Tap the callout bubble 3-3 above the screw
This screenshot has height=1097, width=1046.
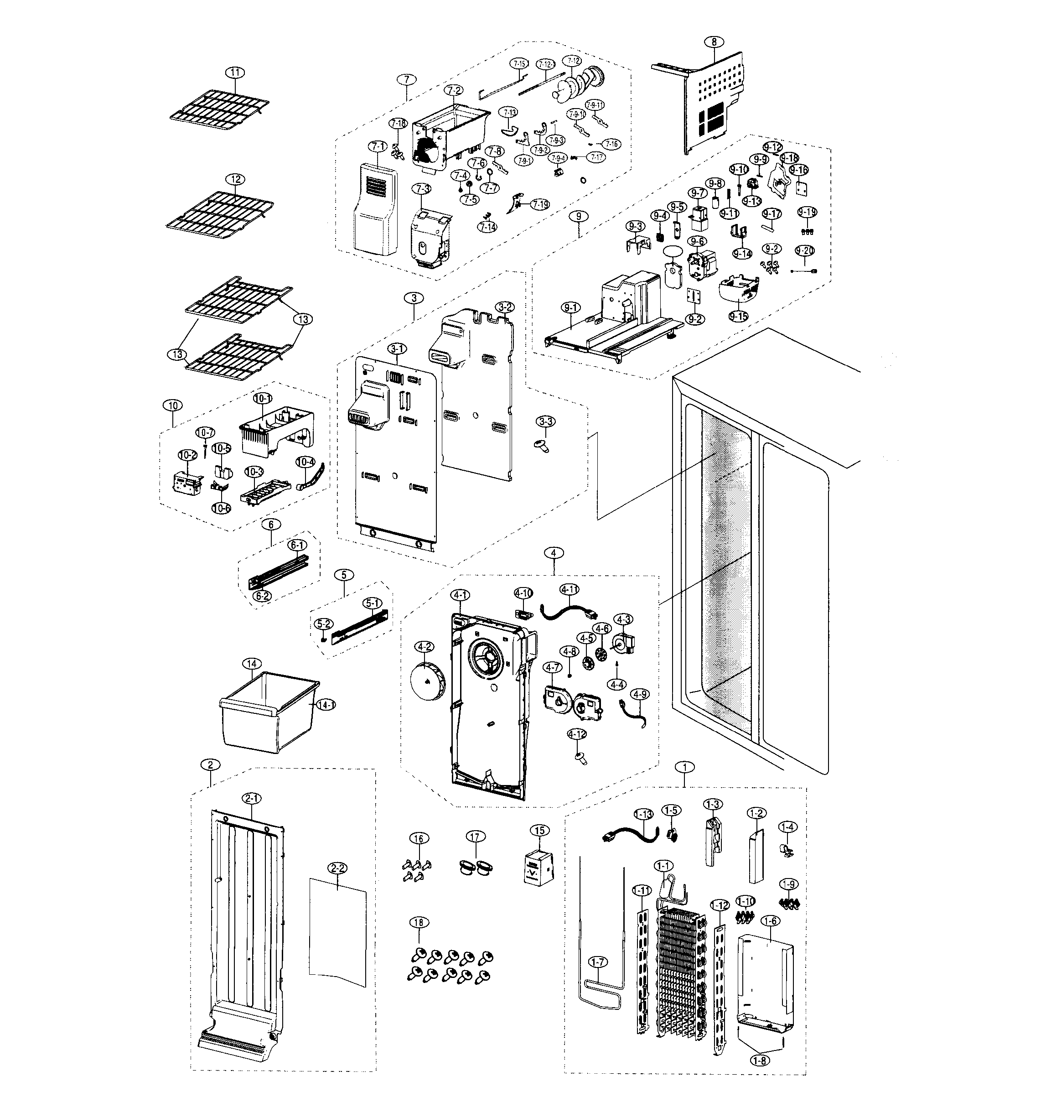coord(546,421)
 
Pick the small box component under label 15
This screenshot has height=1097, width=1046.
coord(539,867)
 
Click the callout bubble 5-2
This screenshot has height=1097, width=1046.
coord(323,624)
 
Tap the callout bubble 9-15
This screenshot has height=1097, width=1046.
coord(739,316)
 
